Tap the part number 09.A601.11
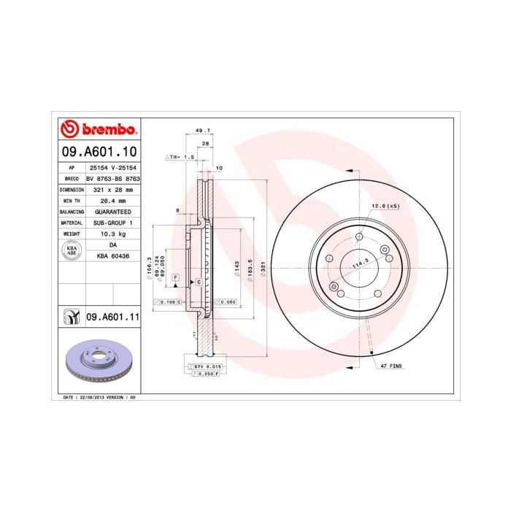(112, 317)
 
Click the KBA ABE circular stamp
(72, 250)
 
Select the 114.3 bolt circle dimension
(359, 264)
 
